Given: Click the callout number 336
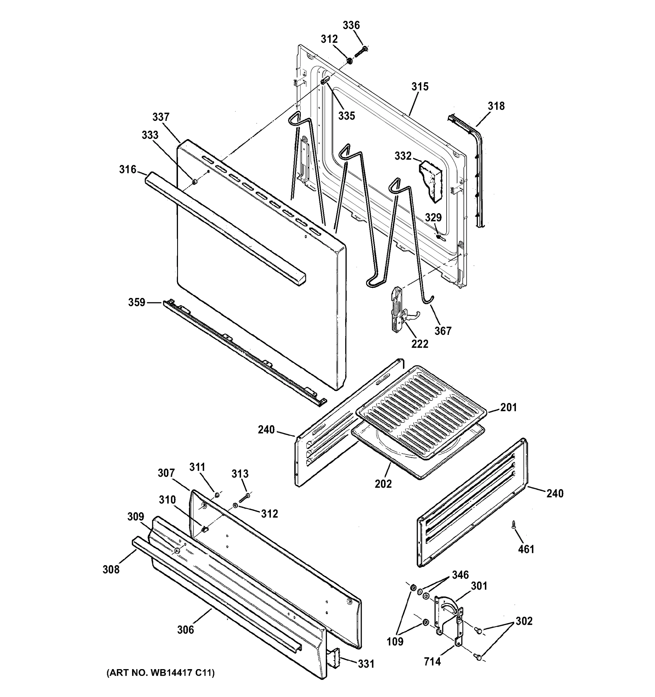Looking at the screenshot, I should [x=351, y=25].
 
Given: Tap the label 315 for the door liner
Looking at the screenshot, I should [x=420, y=87].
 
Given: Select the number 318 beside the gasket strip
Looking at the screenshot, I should [x=496, y=106].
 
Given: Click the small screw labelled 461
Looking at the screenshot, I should [x=513, y=525].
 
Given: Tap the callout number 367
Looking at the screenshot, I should [x=443, y=330].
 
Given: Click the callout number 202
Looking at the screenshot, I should [x=383, y=484].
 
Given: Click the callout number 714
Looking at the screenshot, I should [x=432, y=662].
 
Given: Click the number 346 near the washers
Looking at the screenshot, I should [x=460, y=575].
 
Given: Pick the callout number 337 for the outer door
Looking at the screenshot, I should [x=161, y=117].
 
